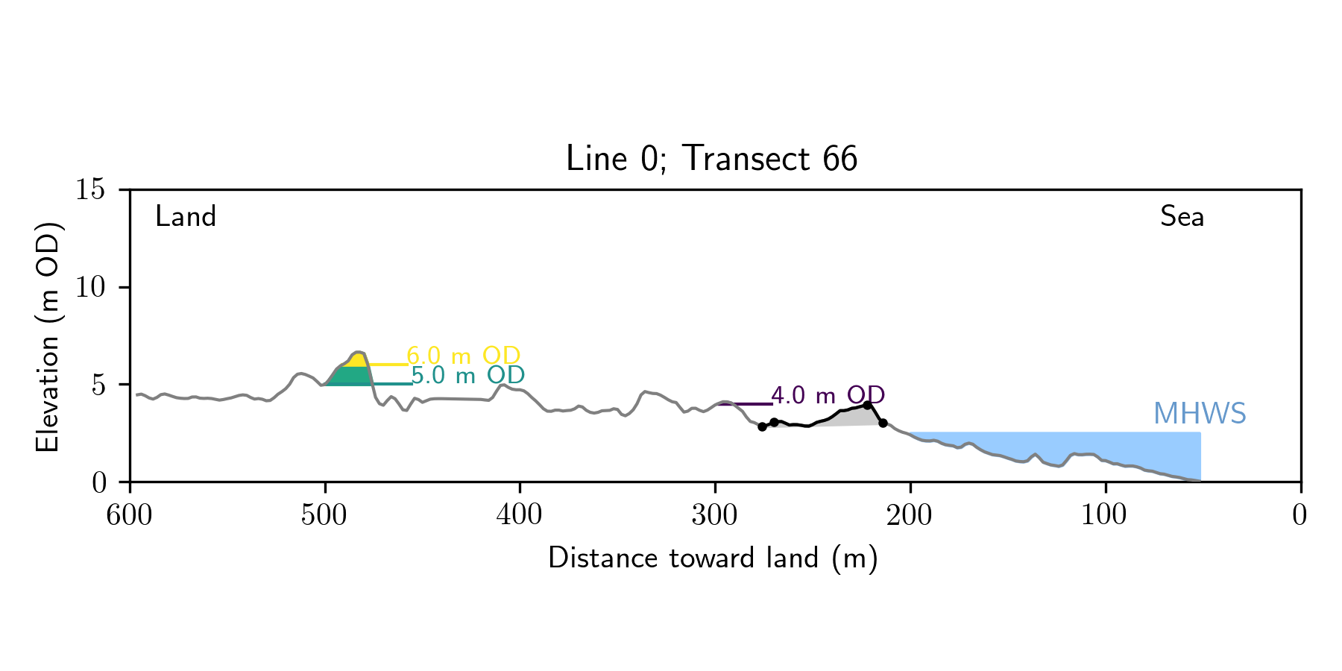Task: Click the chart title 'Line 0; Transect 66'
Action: point(711,159)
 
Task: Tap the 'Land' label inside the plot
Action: point(186,217)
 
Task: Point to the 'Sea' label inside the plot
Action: point(1182,217)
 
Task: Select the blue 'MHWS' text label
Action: point(1200,414)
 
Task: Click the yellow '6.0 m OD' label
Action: point(463,356)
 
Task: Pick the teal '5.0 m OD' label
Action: point(467,375)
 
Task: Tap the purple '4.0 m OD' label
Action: point(828,395)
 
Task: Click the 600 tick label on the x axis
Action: point(130,515)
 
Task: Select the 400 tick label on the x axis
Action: point(520,515)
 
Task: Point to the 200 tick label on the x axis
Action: point(910,515)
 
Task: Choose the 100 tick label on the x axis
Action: point(1105,515)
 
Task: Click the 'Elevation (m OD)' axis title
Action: point(48,335)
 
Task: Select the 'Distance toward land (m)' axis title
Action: point(713,558)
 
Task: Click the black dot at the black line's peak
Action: point(867,405)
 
